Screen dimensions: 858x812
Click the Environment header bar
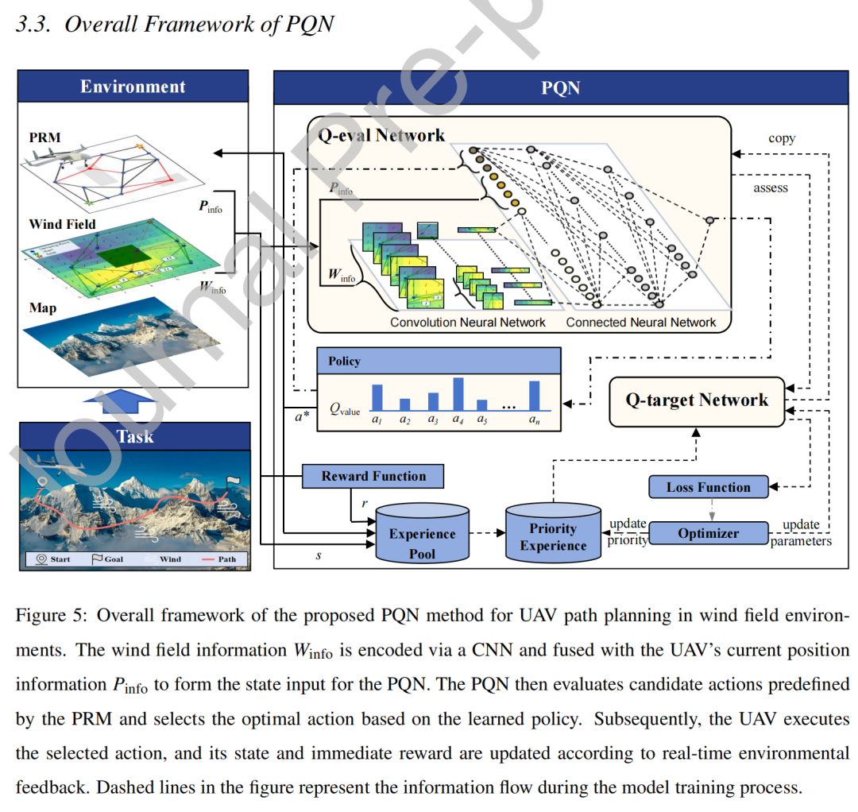(133, 87)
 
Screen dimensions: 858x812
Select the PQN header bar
(560, 87)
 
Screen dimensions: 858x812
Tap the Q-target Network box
(696, 400)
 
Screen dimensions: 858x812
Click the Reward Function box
(373, 477)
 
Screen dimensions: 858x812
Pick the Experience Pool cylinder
(421, 534)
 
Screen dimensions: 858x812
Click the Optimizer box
(708, 534)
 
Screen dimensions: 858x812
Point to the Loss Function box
(708, 487)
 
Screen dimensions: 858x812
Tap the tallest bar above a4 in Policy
(458, 392)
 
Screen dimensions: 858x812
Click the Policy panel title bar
(439, 361)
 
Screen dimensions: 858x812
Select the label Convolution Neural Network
(467, 323)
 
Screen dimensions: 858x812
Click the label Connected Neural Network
(640, 323)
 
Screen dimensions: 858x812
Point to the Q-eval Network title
(381, 135)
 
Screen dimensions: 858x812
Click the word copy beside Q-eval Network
(782, 138)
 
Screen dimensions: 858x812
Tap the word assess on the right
(771, 188)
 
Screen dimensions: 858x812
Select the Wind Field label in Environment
(62, 224)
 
